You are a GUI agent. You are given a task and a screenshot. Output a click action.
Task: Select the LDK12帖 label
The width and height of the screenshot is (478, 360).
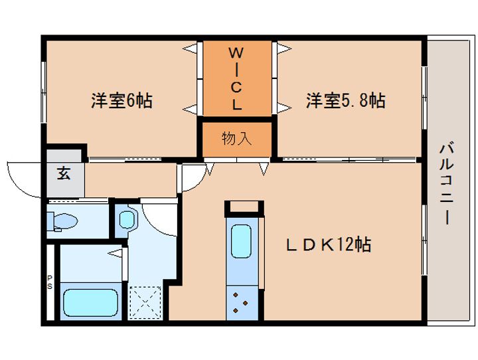click(x=329, y=244)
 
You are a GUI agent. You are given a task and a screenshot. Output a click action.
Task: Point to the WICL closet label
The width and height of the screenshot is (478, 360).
click(x=236, y=79)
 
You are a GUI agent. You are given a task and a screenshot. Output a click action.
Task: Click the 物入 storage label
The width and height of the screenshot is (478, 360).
click(x=237, y=139)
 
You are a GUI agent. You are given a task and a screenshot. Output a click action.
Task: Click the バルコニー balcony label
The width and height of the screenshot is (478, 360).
click(x=447, y=185)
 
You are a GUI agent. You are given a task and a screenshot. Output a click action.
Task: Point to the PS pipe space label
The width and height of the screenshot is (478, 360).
click(x=50, y=282)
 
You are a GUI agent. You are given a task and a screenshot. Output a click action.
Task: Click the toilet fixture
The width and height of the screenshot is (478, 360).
click(x=62, y=221)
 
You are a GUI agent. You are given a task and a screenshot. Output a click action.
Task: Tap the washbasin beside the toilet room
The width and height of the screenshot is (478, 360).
click(x=127, y=219)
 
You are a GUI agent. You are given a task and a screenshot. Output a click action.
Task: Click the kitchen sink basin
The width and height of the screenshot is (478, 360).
click(x=241, y=241)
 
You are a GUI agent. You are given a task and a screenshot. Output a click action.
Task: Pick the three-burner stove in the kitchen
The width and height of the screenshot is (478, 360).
click(x=242, y=303)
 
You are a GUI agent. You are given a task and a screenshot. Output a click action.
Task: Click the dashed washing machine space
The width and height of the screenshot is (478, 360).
click(x=145, y=302)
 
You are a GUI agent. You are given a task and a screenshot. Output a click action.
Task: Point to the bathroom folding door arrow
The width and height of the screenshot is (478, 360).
click(x=115, y=253)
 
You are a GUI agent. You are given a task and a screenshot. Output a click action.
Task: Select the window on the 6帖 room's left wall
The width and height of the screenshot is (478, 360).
click(x=44, y=92)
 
